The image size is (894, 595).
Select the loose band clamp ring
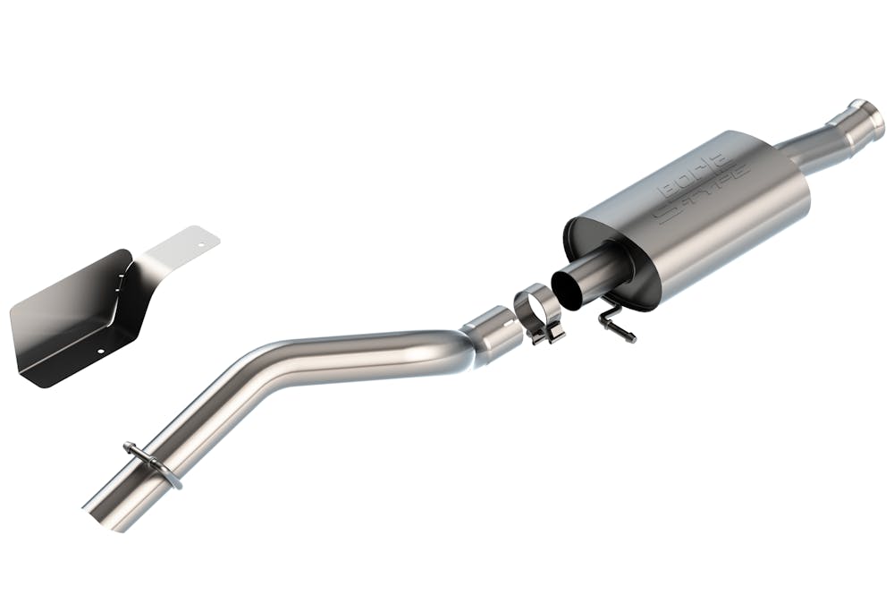click(x=536, y=305)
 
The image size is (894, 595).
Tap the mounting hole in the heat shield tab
click(x=203, y=241)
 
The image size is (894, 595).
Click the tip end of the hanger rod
click(x=631, y=338)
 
